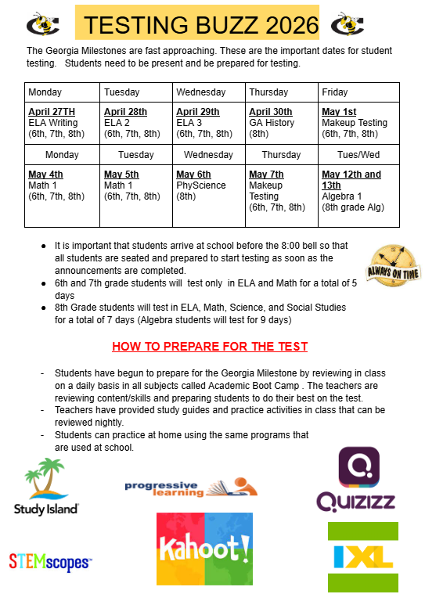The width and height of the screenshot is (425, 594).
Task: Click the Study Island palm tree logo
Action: click(46, 486)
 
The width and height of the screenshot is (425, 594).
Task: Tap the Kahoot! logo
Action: click(204, 549)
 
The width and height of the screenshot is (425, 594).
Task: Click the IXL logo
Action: click(362, 556)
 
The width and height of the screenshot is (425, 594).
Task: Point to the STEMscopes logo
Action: click(49, 560)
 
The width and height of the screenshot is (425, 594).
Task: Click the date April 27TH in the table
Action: click(53, 112)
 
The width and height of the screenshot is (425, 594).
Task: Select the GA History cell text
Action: click(272, 123)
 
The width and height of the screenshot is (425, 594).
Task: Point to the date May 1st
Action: click(338, 112)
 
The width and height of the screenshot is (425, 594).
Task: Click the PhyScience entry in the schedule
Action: click(200, 185)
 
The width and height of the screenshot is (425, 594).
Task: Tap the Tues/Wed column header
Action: click(358, 155)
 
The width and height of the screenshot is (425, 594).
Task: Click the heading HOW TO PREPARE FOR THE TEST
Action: click(210, 346)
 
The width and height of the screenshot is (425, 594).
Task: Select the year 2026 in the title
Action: click(283, 25)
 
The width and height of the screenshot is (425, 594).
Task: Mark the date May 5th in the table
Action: click(121, 175)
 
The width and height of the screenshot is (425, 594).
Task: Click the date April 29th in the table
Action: click(197, 112)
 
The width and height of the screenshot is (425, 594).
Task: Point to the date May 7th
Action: click(266, 175)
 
